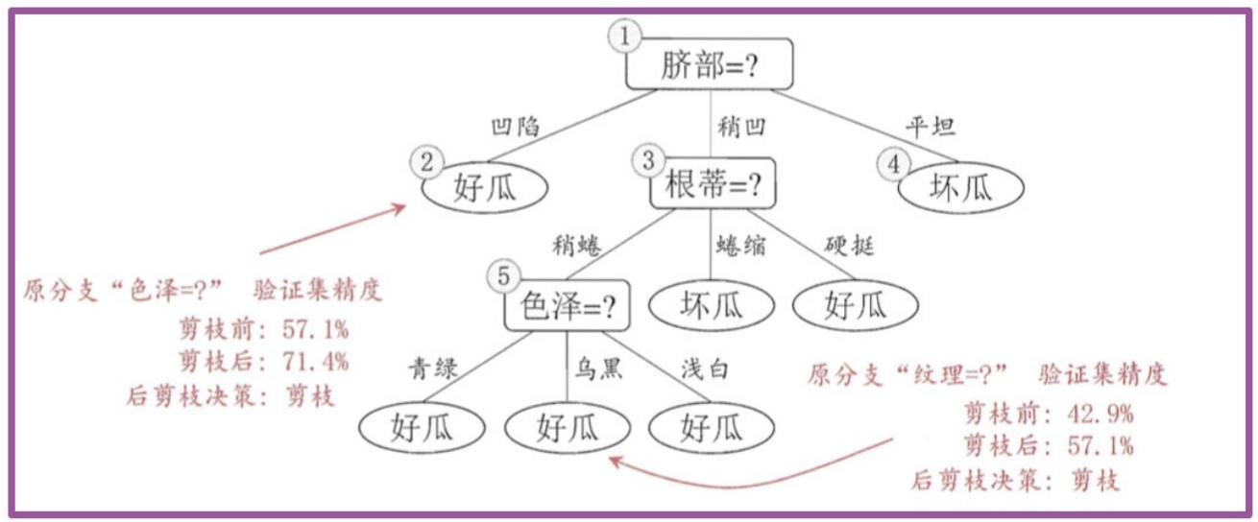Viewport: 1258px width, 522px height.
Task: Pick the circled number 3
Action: tap(650, 159)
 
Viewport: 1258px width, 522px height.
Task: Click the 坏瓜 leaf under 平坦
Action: tap(960, 189)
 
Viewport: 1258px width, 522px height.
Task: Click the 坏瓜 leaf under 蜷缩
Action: tap(712, 306)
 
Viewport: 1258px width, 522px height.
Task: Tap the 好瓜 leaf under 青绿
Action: tap(423, 427)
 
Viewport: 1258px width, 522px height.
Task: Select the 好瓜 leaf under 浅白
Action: tap(712, 427)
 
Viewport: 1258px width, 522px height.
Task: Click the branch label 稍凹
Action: tap(742, 126)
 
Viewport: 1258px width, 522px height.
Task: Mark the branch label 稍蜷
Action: tap(575, 246)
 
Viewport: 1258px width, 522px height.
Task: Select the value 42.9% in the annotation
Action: tap(1100, 415)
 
